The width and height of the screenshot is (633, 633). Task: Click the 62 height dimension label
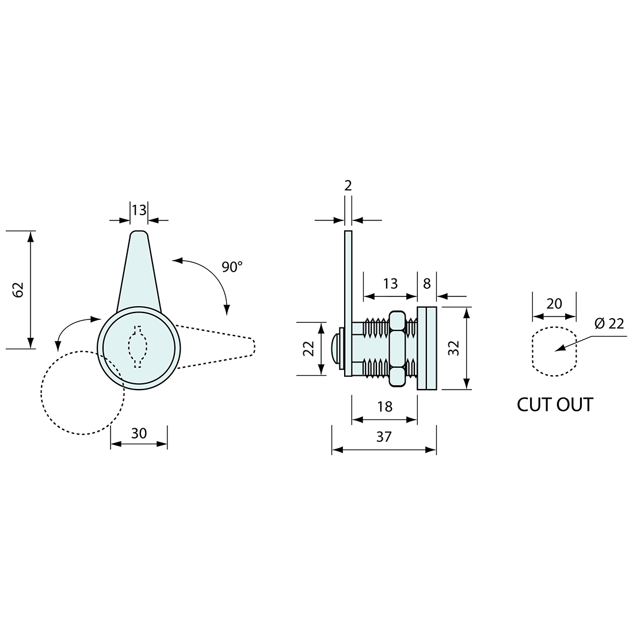19,290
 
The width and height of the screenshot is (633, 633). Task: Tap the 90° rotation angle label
232,267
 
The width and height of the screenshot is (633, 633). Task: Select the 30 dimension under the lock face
139,433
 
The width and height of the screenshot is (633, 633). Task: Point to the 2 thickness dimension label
348,185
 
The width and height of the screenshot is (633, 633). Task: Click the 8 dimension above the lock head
427,284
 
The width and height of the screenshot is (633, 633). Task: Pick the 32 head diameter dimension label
454,348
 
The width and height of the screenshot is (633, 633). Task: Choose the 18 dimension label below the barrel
385,406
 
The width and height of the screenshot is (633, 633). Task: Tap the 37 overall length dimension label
384,437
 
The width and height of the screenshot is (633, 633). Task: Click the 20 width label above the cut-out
554,304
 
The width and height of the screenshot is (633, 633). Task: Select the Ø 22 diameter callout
609,323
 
